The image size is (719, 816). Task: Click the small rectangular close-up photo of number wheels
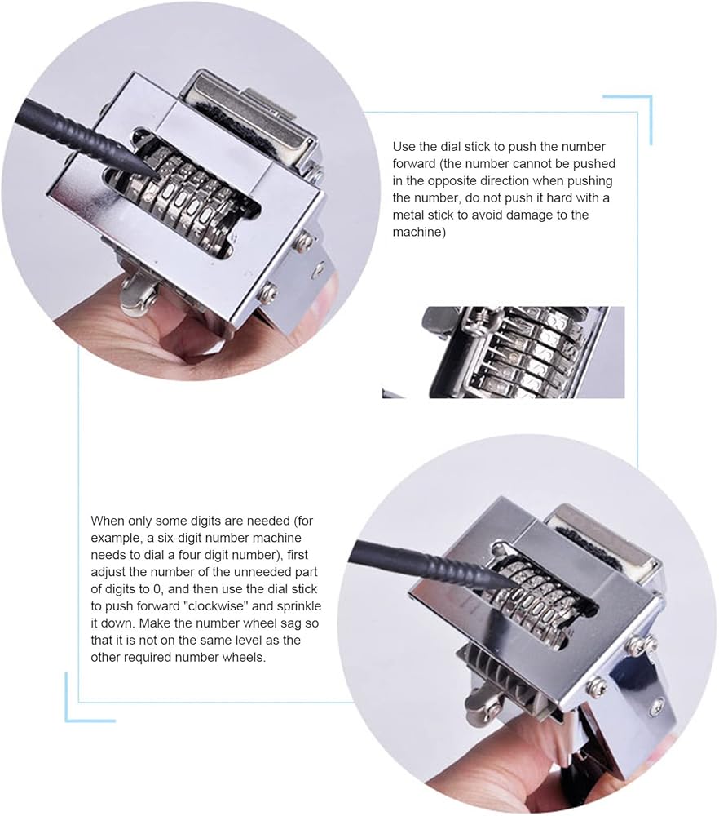(503, 353)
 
